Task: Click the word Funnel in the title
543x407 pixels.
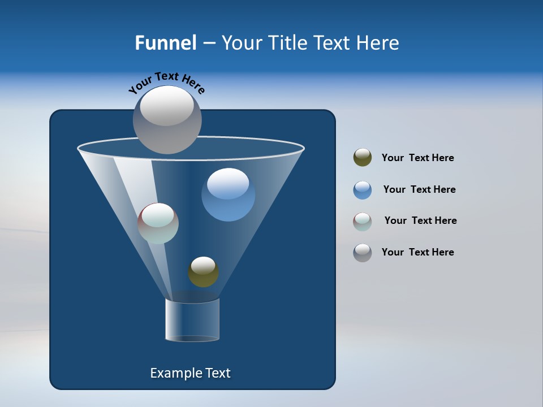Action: (165, 43)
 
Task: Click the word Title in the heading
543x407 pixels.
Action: (287, 43)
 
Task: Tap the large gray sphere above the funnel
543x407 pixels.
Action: (167, 120)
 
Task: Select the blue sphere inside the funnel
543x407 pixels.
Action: (228, 195)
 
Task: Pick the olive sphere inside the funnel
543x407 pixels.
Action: (203, 272)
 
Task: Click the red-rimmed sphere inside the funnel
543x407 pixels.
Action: (158, 223)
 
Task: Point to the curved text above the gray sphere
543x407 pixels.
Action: (166, 81)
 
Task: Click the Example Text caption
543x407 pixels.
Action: (190, 373)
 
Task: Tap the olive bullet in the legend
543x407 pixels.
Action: (363, 158)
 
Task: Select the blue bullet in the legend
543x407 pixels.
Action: (363, 190)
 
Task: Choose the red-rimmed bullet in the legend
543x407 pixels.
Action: (363, 222)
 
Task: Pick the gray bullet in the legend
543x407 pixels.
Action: (363, 253)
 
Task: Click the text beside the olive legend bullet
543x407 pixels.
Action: (417, 158)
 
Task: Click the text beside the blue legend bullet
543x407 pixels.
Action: (419, 189)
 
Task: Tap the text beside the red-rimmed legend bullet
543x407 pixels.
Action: (420, 220)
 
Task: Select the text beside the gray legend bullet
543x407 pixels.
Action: (417, 252)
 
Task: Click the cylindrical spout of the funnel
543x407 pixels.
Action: (192, 320)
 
